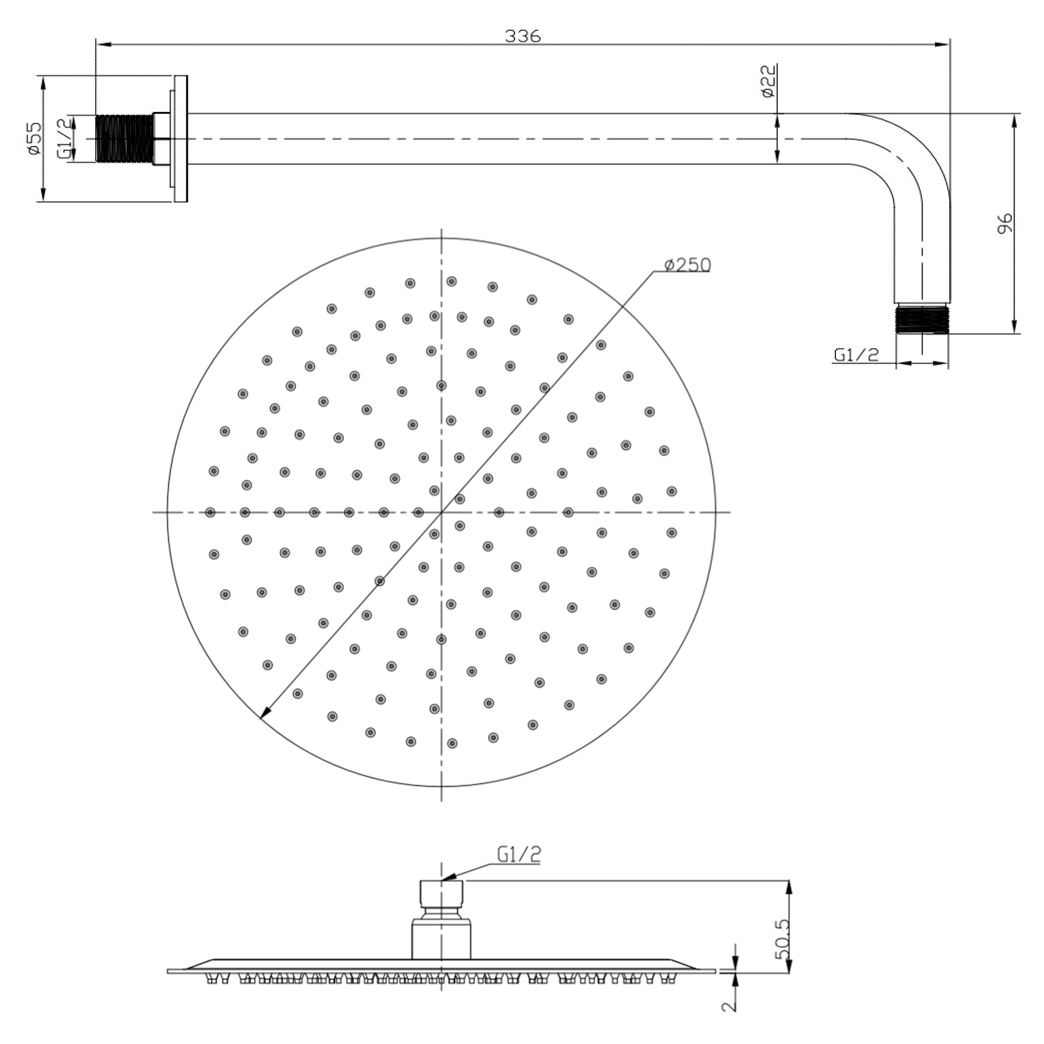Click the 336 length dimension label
(x=523, y=36)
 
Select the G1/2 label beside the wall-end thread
(x=64, y=139)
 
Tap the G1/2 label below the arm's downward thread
(x=856, y=355)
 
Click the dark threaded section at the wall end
(x=124, y=139)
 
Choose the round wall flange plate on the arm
(x=181, y=139)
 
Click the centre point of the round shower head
(x=442, y=512)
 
